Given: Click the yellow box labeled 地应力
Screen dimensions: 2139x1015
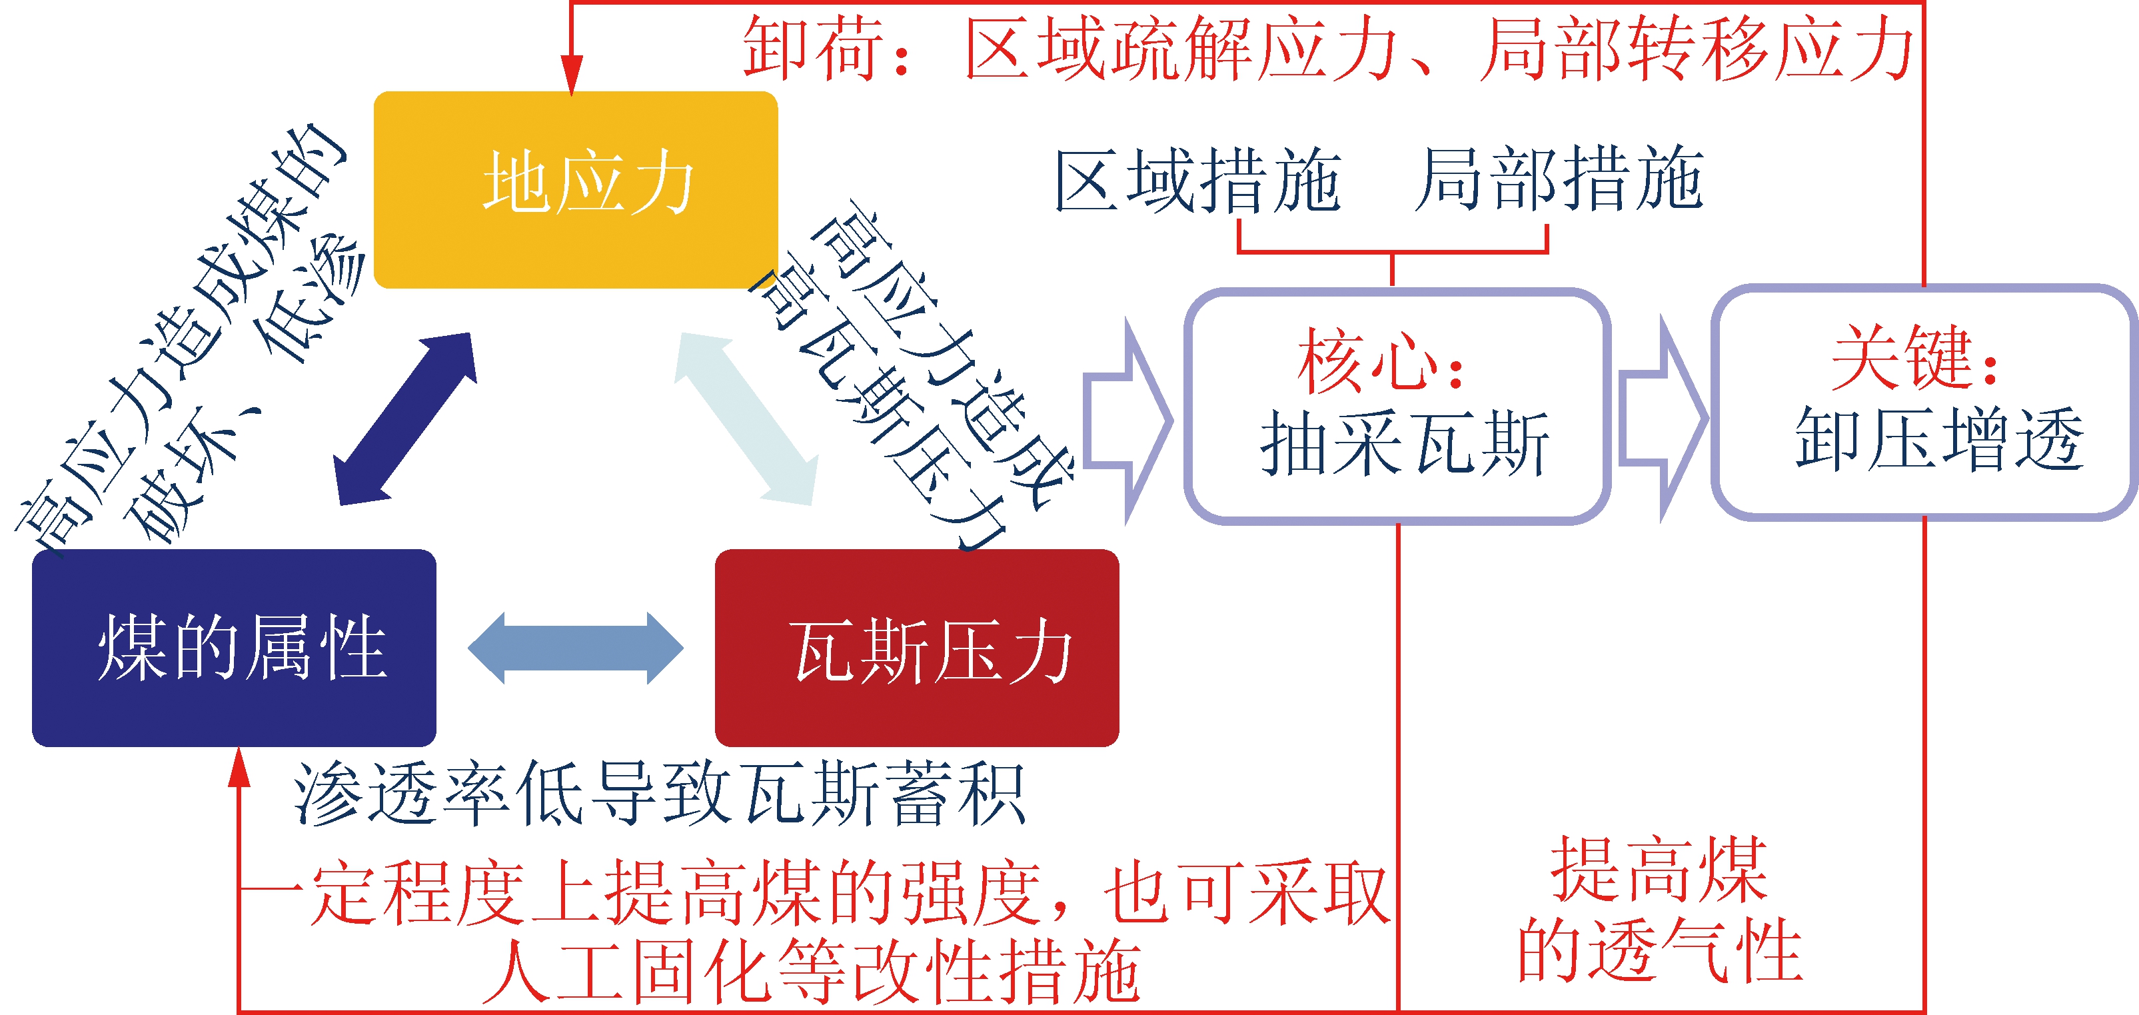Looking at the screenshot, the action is [x=576, y=190].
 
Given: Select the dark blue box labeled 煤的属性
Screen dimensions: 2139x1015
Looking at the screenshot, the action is [x=234, y=648].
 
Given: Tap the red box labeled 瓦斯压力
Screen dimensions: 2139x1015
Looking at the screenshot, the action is [x=917, y=648].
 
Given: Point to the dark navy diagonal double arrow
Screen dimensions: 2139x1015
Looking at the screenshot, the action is [x=405, y=419].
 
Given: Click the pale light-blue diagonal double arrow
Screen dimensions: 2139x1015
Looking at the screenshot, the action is [x=746, y=419].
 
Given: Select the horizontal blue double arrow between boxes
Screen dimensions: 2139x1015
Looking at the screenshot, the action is [x=576, y=648].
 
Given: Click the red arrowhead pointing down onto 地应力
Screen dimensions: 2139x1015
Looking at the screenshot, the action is [x=571, y=75].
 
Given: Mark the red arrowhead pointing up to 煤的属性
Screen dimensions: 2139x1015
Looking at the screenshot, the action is [x=239, y=766].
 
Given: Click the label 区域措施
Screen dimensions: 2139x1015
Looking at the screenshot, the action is [x=1197, y=180].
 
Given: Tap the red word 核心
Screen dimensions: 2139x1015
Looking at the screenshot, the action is [x=1367, y=361].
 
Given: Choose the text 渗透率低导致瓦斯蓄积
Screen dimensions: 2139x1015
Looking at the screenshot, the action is [x=660, y=794].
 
